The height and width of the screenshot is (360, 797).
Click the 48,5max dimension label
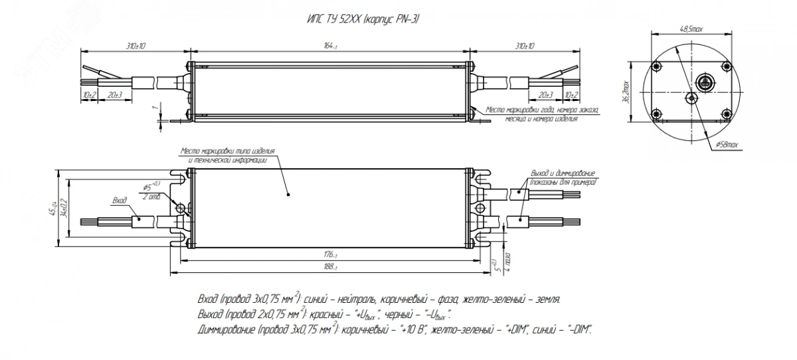click(x=691, y=29)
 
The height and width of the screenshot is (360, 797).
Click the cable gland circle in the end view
click(x=705, y=82)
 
